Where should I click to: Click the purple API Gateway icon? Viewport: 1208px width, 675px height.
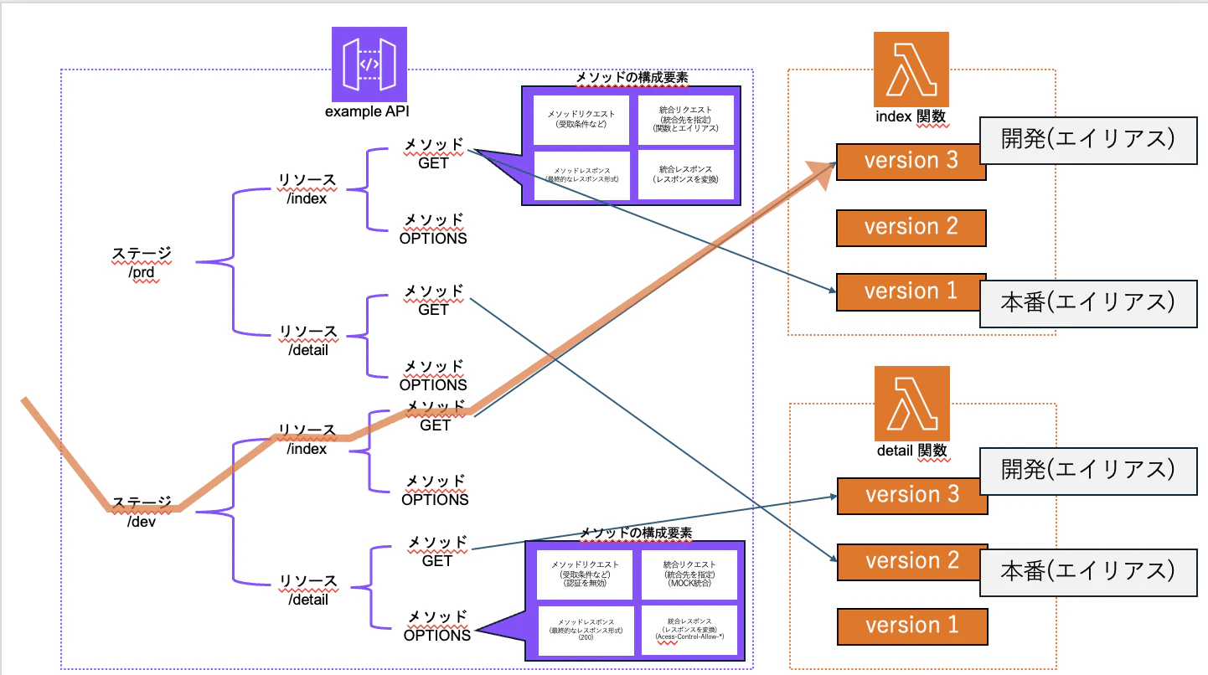pyautogui.click(x=369, y=64)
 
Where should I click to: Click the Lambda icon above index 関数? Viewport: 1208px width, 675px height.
pyautogui.click(x=911, y=70)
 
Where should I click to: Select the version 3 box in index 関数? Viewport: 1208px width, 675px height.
pyautogui.click(x=911, y=161)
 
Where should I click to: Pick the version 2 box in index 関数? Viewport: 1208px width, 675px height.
pyautogui.click(x=911, y=227)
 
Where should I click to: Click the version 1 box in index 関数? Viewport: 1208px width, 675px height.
pyautogui.click(x=911, y=291)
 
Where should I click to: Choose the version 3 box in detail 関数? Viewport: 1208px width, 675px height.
pyautogui.click(x=911, y=495)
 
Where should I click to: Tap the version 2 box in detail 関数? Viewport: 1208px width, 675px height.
pyautogui.click(x=911, y=560)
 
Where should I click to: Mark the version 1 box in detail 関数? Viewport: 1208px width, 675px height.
pyautogui.click(x=911, y=626)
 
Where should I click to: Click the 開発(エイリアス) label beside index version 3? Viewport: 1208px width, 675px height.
pyautogui.click(x=1088, y=139)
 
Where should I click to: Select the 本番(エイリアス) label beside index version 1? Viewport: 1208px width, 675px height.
pyautogui.click(x=1088, y=302)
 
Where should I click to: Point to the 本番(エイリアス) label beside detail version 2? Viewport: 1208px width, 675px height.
pyautogui.click(x=1088, y=571)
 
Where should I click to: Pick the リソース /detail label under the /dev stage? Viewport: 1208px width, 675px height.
pyautogui.click(x=307, y=590)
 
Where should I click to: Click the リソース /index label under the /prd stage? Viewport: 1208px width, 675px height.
pyautogui.click(x=307, y=188)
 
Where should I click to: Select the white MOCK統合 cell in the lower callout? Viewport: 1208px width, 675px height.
pyautogui.click(x=689, y=575)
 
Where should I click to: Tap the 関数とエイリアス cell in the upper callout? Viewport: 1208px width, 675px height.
pyautogui.click(x=685, y=118)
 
